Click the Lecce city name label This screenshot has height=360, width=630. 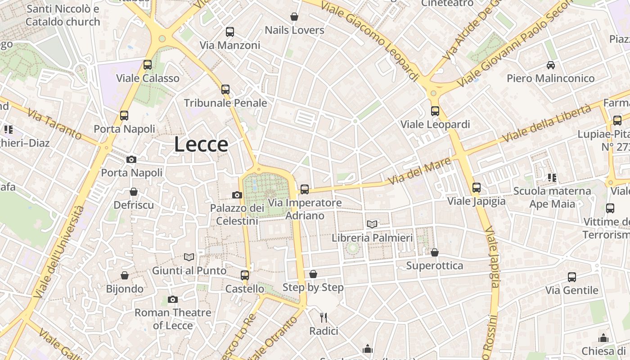(x=201, y=144)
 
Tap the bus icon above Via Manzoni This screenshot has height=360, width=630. (x=230, y=32)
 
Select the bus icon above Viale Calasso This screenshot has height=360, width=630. (x=148, y=65)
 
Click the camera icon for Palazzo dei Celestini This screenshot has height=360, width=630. (x=237, y=195)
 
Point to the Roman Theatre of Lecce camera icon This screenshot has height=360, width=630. (x=172, y=299)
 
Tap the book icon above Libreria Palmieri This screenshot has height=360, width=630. (x=372, y=224)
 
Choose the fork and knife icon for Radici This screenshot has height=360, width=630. (x=323, y=318)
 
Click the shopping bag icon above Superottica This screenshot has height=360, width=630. (x=434, y=252)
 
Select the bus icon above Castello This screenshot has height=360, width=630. (x=245, y=275)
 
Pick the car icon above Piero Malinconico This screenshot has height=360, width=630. (x=550, y=65)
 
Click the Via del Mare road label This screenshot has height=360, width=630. (x=419, y=171)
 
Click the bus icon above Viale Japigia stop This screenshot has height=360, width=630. (x=477, y=187)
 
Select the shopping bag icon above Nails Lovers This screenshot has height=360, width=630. (x=294, y=17)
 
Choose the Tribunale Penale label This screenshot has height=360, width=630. (x=225, y=103)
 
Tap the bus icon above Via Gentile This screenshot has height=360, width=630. (x=572, y=277)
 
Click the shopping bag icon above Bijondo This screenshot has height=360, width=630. (x=125, y=275)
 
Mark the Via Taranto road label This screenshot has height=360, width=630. (x=54, y=124)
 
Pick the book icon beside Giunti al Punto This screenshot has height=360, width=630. (x=189, y=257)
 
